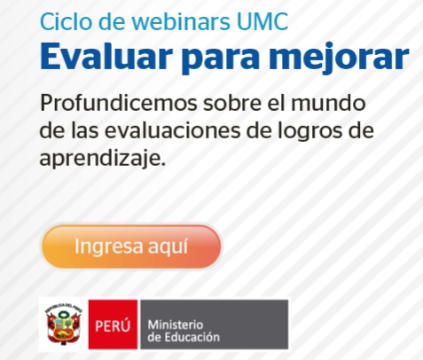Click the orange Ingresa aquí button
coord(131,247)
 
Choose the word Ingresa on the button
coord(107,247)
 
